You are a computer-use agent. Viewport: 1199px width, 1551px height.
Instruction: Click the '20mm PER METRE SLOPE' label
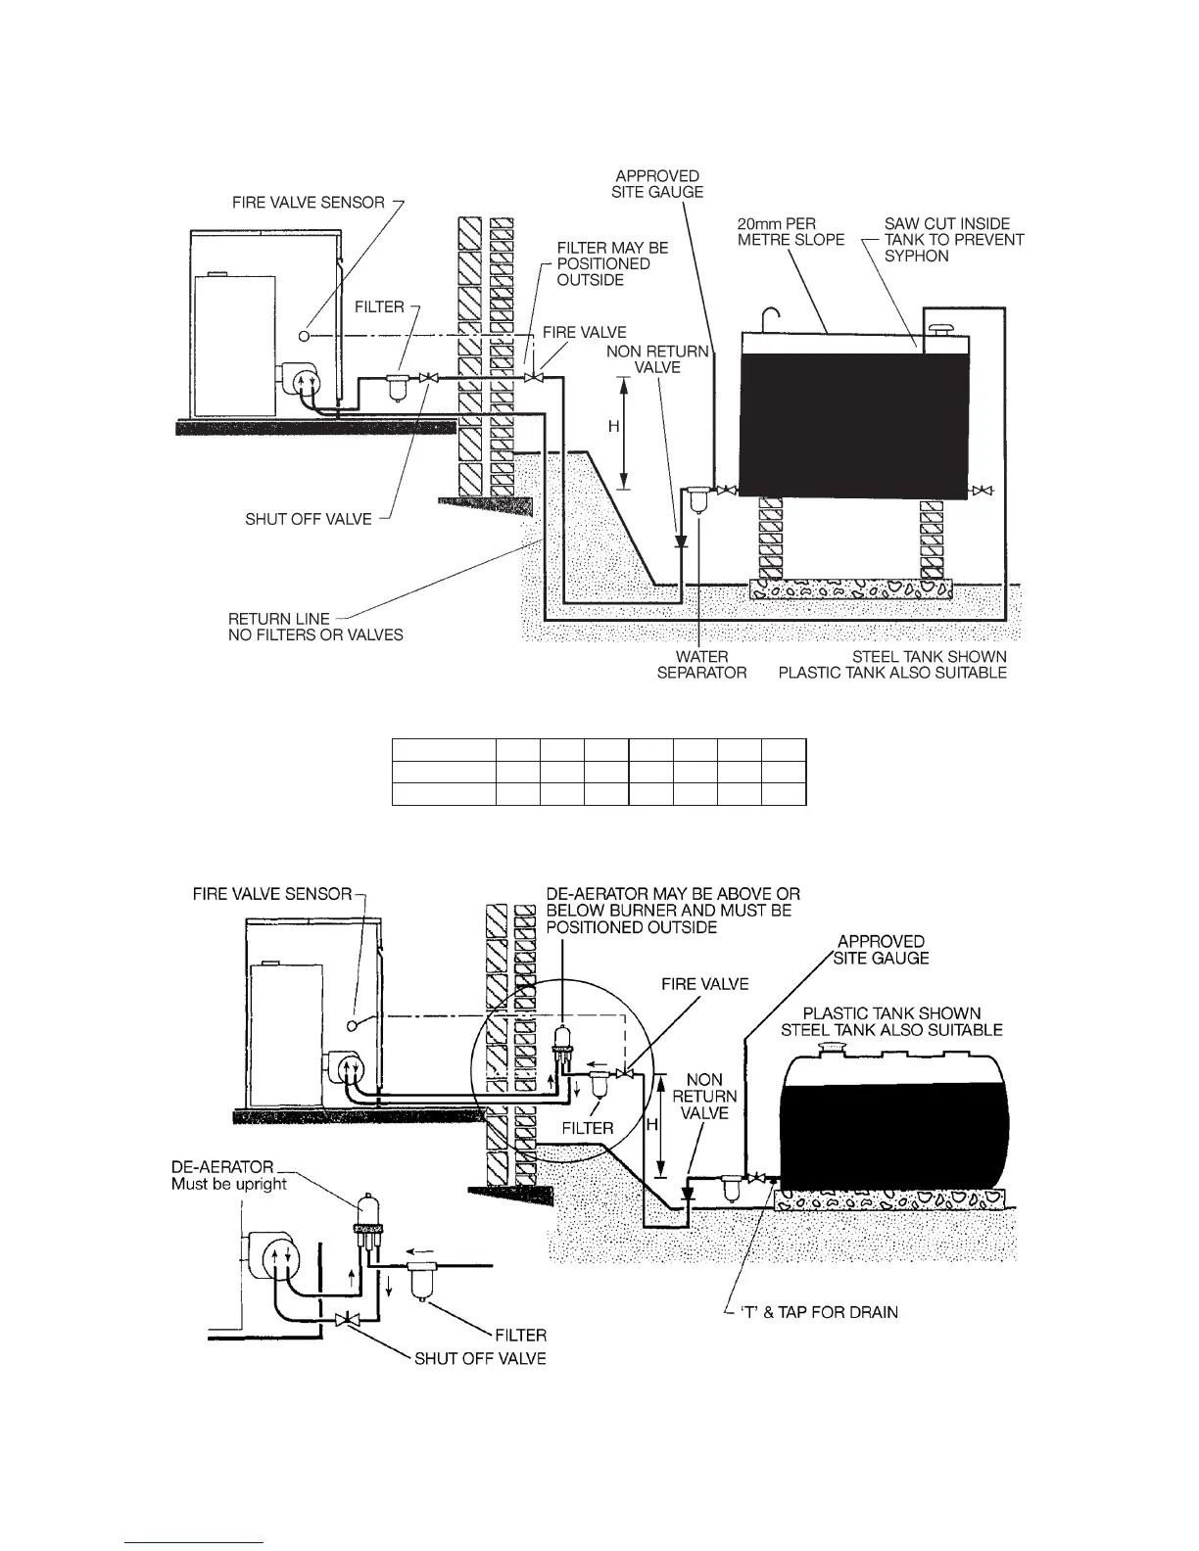pyautogui.click(x=790, y=231)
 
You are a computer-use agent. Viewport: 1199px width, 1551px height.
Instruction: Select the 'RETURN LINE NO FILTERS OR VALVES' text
pyautogui.click(x=315, y=627)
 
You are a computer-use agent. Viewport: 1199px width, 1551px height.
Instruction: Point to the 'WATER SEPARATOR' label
pyautogui.click(x=701, y=664)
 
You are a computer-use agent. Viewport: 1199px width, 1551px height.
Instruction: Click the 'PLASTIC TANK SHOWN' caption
pyautogui.click(x=891, y=1013)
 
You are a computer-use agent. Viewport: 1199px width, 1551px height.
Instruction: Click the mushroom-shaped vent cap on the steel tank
pyautogui.click(x=942, y=327)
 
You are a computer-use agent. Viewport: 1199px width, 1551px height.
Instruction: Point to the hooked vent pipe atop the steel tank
pyautogui.click(x=771, y=319)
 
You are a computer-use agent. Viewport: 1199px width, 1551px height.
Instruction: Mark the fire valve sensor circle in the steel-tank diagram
pyautogui.click(x=305, y=336)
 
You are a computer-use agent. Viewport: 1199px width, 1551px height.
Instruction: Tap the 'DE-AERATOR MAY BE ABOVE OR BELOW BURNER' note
pyautogui.click(x=672, y=910)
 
